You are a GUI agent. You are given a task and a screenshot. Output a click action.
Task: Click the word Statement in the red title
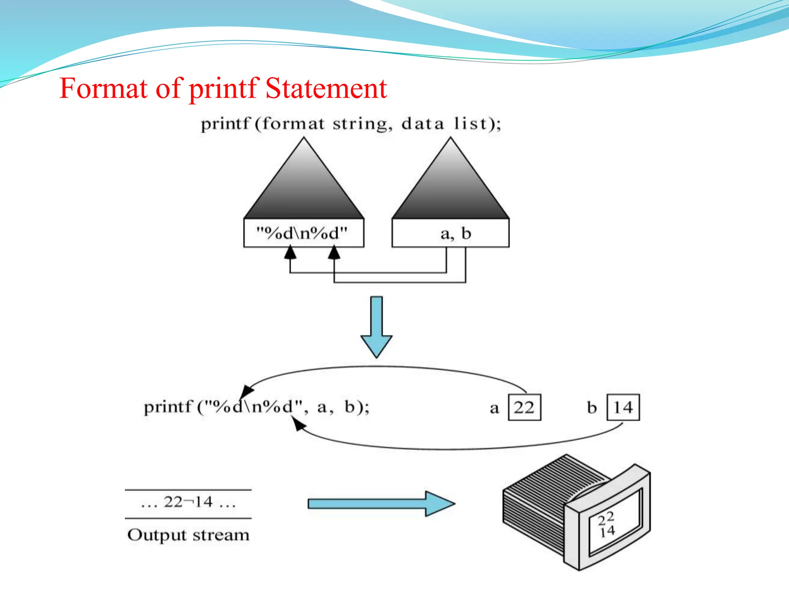pos(326,88)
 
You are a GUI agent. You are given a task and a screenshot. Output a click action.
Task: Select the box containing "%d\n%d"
pos(304,233)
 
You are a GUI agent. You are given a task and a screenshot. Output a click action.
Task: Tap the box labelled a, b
pos(450,233)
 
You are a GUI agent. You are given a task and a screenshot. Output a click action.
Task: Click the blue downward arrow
pos(376,327)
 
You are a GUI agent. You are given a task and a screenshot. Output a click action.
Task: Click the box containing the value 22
pos(524,407)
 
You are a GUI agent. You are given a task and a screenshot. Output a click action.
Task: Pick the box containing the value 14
pos(623,407)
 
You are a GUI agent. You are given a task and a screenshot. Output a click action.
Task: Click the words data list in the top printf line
pos(443,124)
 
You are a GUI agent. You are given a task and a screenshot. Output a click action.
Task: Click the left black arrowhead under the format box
pos(290,252)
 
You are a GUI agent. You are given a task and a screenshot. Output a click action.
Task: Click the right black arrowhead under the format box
pos(334,252)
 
